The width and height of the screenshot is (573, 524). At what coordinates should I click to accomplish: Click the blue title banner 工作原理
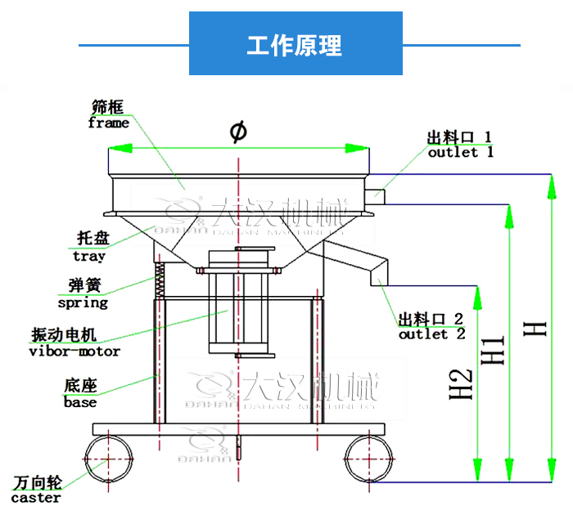pos(296,44)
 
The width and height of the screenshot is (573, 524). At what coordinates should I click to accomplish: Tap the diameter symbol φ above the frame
pos(237,131)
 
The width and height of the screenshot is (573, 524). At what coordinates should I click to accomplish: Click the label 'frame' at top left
pos(108,123)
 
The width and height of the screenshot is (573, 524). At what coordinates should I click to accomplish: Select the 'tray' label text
pos(89,256)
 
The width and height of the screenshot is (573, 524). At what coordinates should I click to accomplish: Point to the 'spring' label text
pos(83,302)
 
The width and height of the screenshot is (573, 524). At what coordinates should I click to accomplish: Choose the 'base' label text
pos(80,401)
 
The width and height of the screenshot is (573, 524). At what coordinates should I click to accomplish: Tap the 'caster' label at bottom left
pos(36,497)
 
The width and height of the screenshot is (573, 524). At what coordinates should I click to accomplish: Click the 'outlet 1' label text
pos(461,152)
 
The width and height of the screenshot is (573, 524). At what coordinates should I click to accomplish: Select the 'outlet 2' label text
pos(431,334)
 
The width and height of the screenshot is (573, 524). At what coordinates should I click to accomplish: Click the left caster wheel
pos(107,459)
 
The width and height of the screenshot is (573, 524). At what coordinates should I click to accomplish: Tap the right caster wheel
pos(368,459)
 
